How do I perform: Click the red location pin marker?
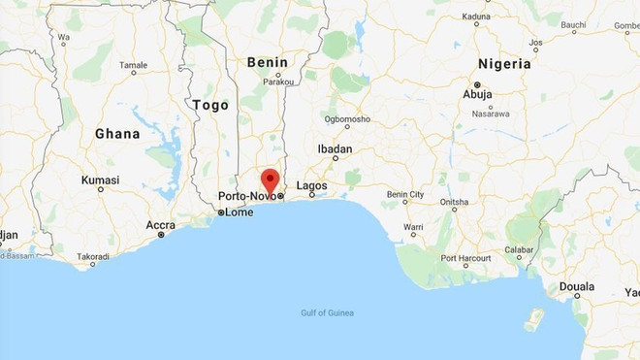tap(270, 180)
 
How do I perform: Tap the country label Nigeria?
tap(501, 63)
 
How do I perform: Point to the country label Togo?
tap(210, 104)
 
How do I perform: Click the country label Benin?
tap(269, 61)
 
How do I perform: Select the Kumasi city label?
tap(100, 180)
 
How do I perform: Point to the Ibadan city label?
tap(335, 149)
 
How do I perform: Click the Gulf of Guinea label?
tap(327, 312)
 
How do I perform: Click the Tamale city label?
tap(133, 65)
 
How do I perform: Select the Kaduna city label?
tap(478, 17)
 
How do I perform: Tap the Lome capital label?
tap(239, 212)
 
